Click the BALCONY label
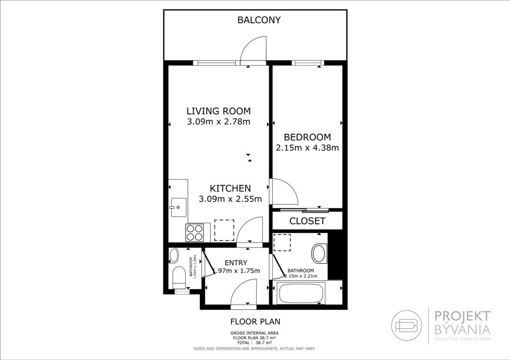258,20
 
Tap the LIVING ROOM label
219,111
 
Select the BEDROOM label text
307,137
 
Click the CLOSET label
307,221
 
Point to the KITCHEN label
230,188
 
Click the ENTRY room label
236,262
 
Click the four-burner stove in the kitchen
195,233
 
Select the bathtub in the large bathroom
300,293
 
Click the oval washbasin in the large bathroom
319,254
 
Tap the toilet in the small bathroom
179,277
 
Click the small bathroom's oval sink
174,255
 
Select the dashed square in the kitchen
224,230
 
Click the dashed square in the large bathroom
282,243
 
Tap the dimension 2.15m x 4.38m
307,147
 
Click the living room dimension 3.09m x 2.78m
219,122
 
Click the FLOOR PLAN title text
255,321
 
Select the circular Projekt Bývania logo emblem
407,324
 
